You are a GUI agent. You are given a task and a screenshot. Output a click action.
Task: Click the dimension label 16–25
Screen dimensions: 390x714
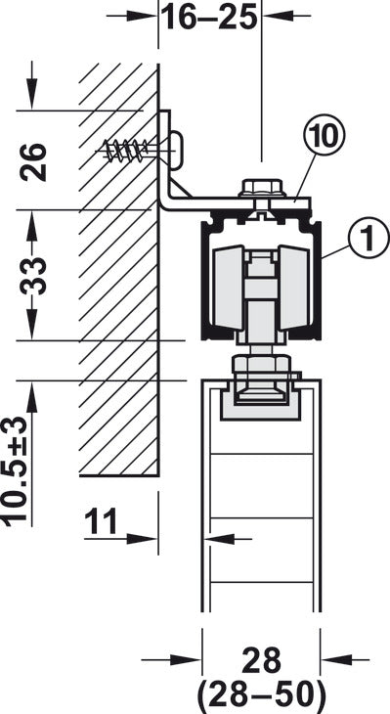[x=210, y=17]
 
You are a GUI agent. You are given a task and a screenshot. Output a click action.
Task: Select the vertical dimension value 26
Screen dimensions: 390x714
[x=34, y=162]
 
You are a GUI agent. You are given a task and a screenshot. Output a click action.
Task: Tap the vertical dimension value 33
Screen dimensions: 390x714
[x=34, y=276]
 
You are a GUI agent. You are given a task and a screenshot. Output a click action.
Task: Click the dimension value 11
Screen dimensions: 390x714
[x=101, y=521]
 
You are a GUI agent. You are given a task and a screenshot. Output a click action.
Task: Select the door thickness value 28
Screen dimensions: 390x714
[x=261, y=661]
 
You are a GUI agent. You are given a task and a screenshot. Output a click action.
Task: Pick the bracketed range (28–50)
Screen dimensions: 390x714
[x=261, y=694]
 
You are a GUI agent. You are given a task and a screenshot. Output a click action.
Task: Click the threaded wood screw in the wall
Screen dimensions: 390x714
[x=123, y=151]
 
